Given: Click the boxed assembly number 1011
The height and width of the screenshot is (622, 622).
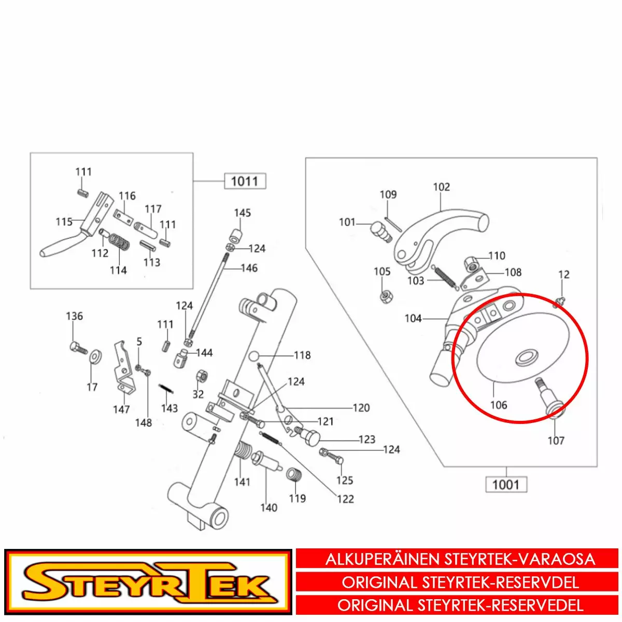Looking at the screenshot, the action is coord(245,181).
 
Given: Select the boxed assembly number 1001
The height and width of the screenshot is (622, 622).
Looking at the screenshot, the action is coord(506,485).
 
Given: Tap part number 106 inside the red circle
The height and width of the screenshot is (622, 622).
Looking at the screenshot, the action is coord(499,405).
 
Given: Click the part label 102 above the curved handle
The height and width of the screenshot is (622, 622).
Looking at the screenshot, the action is coord(441,187).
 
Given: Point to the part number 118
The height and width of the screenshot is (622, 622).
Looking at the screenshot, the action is coord(302,356).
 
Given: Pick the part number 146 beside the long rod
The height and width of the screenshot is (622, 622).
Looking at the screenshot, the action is coord(249,268).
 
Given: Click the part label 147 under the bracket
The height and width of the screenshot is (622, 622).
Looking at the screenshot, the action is coord(121,409).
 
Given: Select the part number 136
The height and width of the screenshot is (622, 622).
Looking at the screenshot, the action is coord(75,316).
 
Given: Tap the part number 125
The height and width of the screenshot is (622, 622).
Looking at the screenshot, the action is coord(344,480).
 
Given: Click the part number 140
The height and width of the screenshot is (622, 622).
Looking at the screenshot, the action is coord(269,508).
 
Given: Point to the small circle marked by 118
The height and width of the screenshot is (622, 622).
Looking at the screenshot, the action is coord(253,356).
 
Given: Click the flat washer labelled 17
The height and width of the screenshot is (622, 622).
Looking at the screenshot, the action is coord(95,357).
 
